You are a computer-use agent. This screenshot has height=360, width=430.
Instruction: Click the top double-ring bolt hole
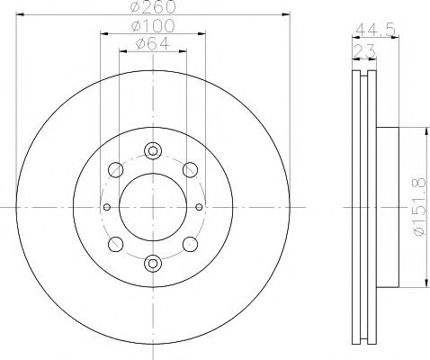pyautogui.click(x=153, y=151)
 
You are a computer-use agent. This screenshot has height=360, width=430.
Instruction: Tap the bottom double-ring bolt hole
pyautogui.click(x=153, y=263)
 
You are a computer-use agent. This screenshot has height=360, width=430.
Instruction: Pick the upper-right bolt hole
pyautogui.click(x=190, y=169)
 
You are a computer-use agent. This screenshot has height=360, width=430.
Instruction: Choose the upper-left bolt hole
pyautogui.click(x=116, y=169)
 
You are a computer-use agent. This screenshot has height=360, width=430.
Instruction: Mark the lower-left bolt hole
pyautogui.click(x=116, y=245)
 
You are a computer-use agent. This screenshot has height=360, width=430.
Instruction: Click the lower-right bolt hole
pyautogui.click(x=190, y=245)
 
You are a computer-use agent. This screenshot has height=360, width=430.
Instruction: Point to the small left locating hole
pyautogui.click(x=107, y=207)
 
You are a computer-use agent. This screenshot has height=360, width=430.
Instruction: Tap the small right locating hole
pyautogui.click(x=199, y=207)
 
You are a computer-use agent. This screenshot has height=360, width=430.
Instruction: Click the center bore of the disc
pyautogui.click(x=153, y=207)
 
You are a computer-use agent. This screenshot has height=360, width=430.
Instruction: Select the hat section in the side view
pyautogui.click(x=386, y=207)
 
